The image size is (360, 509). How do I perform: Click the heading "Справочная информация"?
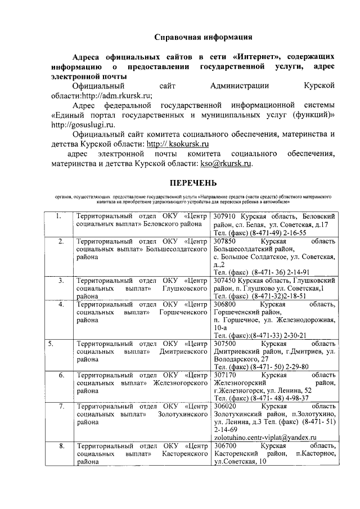[203, 37]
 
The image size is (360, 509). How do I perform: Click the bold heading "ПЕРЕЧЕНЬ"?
[193, 183]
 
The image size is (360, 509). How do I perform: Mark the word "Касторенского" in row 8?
[185, 454]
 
